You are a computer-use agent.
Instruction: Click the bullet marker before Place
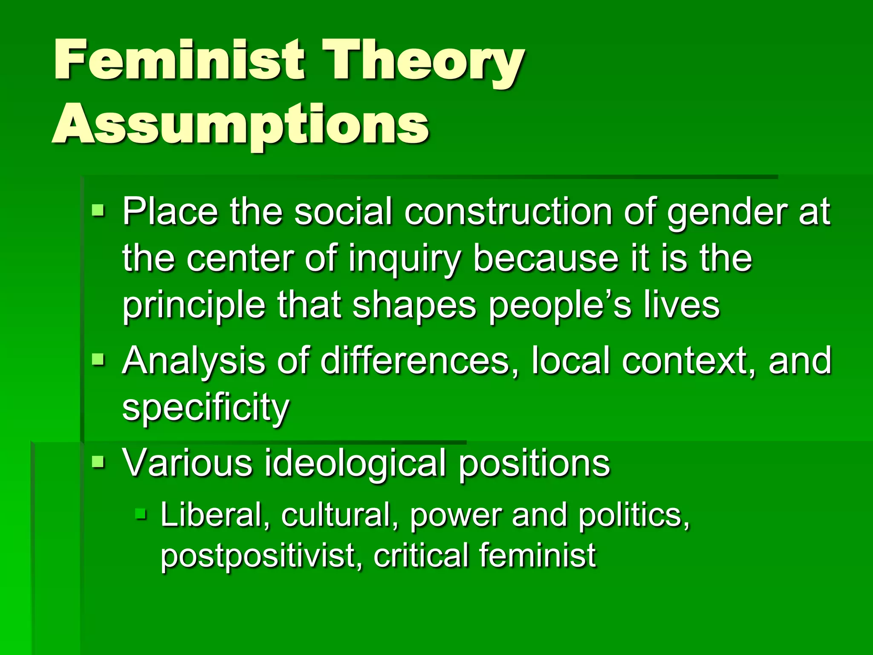(98, 210)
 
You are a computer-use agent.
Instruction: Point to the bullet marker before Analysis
(98, 359)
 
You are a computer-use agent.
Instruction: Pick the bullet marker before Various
(98, 461)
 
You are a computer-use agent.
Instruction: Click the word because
(546, 258)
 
